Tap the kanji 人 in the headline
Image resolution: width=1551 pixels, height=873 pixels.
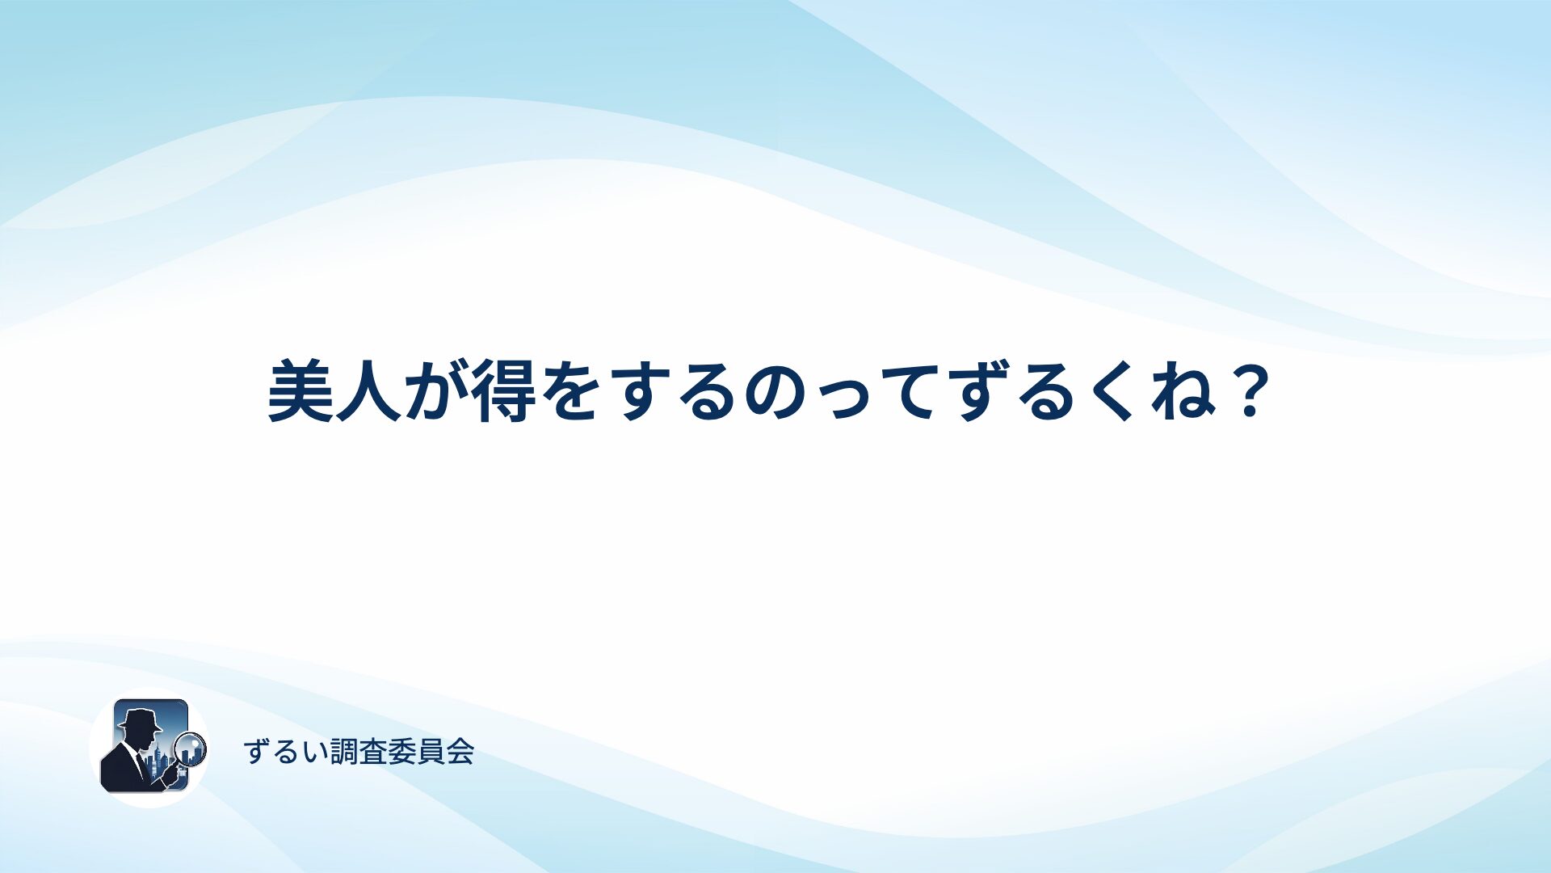[x=368, y=391]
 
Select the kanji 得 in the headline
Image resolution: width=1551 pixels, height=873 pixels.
[x=505, y=391]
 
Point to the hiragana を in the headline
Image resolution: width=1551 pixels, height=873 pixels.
[x=572, y=391]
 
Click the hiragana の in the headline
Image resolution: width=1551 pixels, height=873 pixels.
[x=776, y=393]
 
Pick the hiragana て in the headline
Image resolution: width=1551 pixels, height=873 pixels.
[x=912, y=393]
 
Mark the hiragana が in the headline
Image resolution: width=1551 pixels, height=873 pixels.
[x=436, y=391]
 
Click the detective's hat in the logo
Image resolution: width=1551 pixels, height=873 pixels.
[x=140, y=719]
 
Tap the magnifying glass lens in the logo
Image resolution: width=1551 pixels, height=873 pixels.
[x=191, y=749]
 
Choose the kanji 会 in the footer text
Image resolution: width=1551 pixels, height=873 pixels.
[x=460, y=752]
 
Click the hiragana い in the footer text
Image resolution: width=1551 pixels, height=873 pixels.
[x=316, y=753]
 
